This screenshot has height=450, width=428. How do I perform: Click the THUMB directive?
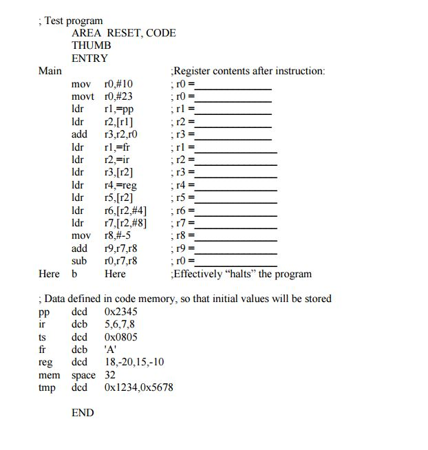(91, 45)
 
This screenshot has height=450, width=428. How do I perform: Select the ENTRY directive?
(89, 58)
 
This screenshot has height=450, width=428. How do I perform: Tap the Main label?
(50, 71)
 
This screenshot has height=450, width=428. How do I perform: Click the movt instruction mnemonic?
(83, 96)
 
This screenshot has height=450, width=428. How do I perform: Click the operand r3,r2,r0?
(120, 134)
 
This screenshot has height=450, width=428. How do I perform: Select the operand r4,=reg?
(121, 184)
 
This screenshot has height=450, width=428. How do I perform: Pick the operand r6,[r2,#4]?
(125, 210)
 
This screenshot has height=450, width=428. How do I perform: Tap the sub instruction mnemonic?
(79, 261)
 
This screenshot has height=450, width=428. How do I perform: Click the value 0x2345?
(121, 312)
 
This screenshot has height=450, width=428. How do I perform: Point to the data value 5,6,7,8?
(120, 324)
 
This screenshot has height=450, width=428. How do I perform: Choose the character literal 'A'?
(111, 350)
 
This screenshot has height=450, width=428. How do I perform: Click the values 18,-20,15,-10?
(134, 362)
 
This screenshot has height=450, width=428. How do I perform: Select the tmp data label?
(47, 387)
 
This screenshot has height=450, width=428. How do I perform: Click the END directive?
(83, 413)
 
